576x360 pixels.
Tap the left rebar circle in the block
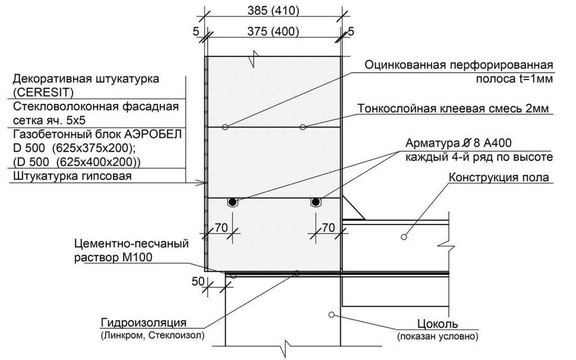click(x=232, y=202)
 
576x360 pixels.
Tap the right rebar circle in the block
click(x=315, y=202)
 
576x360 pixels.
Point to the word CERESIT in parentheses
click(x=43, y=92)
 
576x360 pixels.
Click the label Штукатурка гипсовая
click(x=73, y=176)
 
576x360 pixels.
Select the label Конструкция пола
click(x=499, y=177)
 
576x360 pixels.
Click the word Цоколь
click(x=438, y=324)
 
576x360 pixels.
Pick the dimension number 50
click(x=198, y=281)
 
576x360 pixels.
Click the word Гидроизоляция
click(x=143, y=323)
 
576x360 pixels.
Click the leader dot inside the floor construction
click(x=404, y=237)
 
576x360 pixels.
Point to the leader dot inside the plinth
click(x=331, y=314)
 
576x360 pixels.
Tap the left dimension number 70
click(x=221, y=228)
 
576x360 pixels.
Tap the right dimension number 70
click(x=328, y=228)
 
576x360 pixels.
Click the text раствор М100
click(x=113, y=258)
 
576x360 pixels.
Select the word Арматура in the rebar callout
click(x=428, y=143)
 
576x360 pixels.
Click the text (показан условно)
click(x=438, y=336)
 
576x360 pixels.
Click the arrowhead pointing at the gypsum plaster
click(x=202, y=182)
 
